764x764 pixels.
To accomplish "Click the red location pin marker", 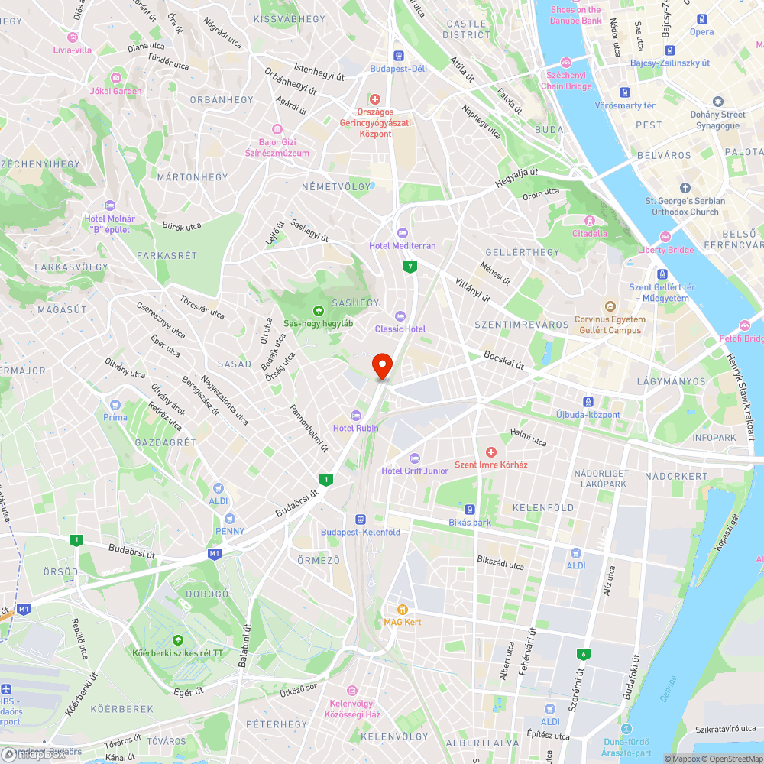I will [x=381, y=364].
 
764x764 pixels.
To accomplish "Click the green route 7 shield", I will [x=412, y=267].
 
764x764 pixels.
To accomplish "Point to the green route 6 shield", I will [x=584, y=653].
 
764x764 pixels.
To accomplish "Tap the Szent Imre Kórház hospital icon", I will [x=491, y=452].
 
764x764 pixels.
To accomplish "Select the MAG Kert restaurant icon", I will [x=403, y=609].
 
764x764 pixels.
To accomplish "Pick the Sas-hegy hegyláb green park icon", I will [x=318, y=310].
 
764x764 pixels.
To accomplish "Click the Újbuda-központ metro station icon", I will [x=588, y=401].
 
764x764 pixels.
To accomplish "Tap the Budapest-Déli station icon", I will [x=398, y=55].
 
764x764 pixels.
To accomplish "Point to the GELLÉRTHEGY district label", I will [x=523, y=252].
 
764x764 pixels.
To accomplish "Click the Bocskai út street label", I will [x=503, y=360].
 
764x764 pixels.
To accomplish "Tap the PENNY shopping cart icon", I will [x=229, y=518].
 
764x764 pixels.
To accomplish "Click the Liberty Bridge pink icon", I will [x=665, y=237].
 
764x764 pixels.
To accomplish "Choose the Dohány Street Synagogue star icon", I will [x=717, y=102].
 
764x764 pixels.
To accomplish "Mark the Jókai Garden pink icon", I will [x=116, y=78].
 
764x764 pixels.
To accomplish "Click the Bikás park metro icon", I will [x=470, y=509].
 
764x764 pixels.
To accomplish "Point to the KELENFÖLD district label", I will [x=542, y=507].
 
